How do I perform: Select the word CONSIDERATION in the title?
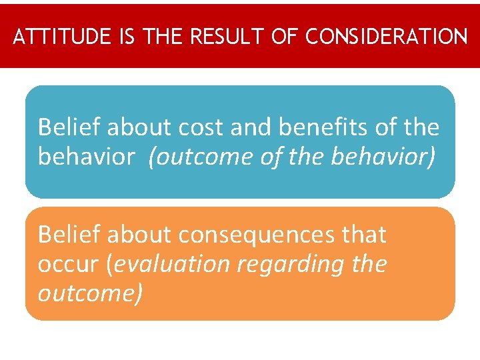(x=387, y=37)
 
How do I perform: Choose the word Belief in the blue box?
(x=69, y=126)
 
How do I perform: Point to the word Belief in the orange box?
(x=69, y=235)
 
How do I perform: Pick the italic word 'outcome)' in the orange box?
(x=90, y=293)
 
